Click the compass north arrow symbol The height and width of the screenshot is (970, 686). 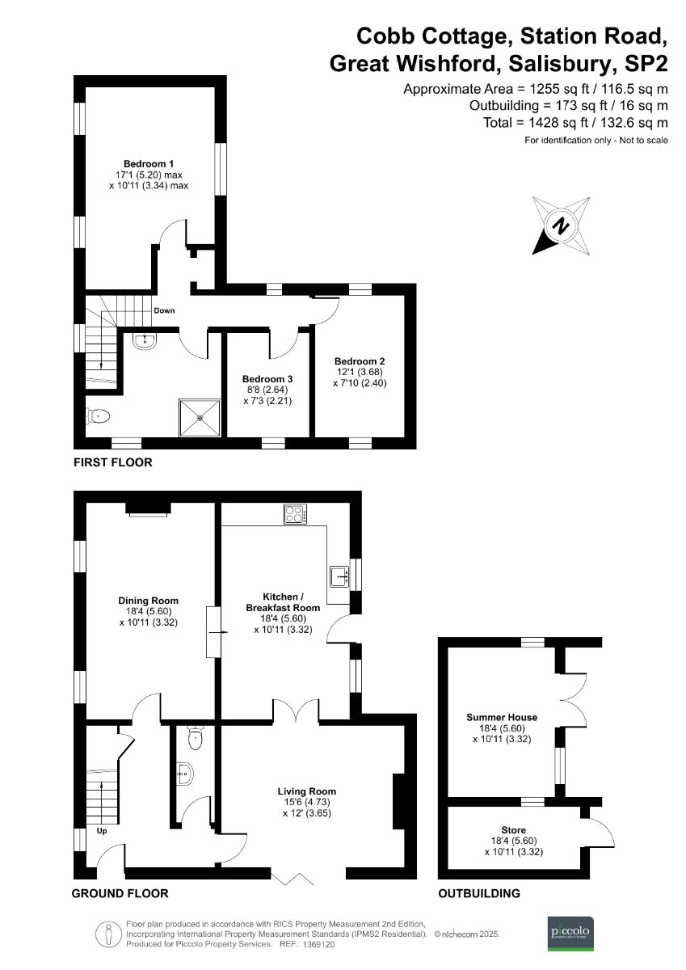[x=560, y=226]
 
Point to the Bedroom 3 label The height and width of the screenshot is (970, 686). [x=267, y=379]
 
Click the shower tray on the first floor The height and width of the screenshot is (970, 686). [x=199, y=418]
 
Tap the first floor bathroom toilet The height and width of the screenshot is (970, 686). [x=99, y=416]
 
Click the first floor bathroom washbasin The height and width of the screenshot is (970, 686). [x=146, y=340]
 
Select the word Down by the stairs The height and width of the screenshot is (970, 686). [x=164, y=310]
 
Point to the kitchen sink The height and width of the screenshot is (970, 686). [x=339, y=576]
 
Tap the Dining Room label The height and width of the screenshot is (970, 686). [x=148, y=601]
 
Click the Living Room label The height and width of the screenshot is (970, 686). [x=306, y=791]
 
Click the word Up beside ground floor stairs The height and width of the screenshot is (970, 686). [x=103, y=830]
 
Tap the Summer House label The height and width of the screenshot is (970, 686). [x=502, y=717]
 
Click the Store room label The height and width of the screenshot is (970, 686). [x=513, y=830]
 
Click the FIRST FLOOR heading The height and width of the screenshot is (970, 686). [x=112, y=463]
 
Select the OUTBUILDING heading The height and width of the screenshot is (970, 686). [x=479, y=893]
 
